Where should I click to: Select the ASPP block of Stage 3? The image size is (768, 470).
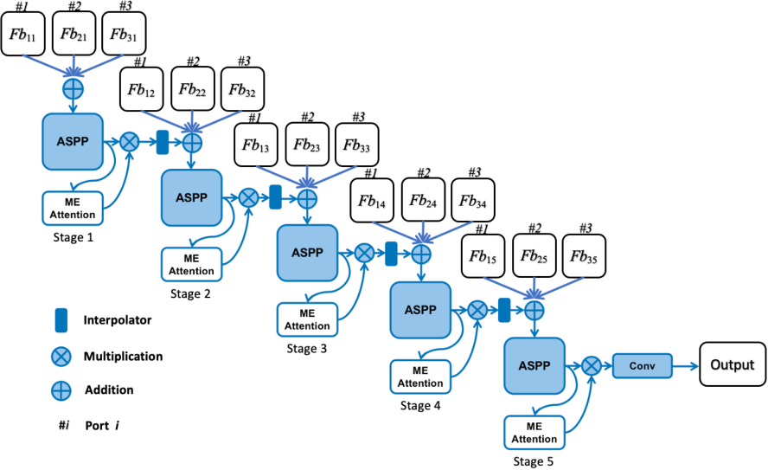point(306,251)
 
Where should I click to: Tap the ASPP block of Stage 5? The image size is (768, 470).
point(534,364)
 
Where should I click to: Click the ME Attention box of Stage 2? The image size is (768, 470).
point(191,264)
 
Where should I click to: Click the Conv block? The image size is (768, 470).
point(643,365)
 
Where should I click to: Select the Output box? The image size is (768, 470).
point(733,365)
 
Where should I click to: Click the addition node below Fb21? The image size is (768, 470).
point(72,90)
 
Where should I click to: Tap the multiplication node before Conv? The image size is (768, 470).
point(592,366)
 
